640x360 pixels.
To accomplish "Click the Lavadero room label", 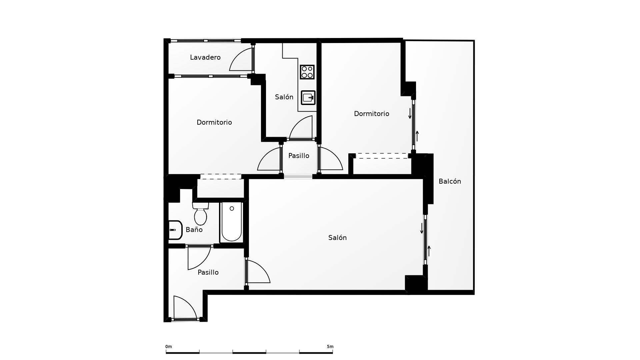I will (x=205, y=57).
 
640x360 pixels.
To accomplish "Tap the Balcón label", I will (x=450, y=181).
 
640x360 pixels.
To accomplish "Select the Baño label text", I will (x=194, y=230).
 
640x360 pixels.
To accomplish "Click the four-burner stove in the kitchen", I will (x=307, y=72).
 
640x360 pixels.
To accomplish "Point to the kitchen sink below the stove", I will (x=308, y=98).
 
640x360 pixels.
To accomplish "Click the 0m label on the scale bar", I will (x=169, y=347).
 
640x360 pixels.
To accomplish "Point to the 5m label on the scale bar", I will (x=330, y=347).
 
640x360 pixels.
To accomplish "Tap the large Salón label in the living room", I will (x=337, y=238).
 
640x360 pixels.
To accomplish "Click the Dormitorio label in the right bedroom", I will (x=371, y=114).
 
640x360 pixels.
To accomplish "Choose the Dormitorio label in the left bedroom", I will (x=214, y=122).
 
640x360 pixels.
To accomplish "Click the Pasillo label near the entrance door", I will (x=208, y=272).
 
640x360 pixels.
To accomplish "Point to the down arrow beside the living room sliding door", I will (x=422, y=228).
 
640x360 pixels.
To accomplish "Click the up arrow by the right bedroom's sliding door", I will (x=417, y=136).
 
